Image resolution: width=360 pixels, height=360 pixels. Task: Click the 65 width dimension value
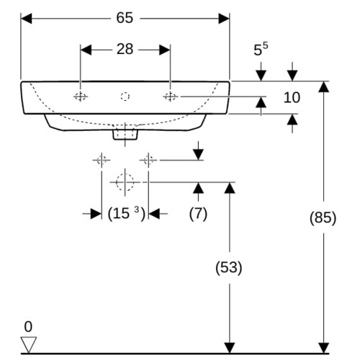point(125,18)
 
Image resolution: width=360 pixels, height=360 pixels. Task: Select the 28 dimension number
point(125,49)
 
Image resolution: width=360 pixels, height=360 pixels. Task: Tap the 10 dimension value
point(292,97)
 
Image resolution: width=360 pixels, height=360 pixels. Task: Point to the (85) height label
point(323,218)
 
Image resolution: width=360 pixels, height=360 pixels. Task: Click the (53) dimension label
point(229,268)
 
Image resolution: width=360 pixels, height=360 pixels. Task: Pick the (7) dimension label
point(198,213)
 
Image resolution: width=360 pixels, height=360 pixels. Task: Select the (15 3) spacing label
point(127,213)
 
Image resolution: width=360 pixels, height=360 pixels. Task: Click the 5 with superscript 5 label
point(261,49)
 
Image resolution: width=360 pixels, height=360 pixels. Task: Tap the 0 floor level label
point(28,327)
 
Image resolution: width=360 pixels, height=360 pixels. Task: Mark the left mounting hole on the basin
point(81,96)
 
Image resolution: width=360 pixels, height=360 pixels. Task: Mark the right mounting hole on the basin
point(170,96)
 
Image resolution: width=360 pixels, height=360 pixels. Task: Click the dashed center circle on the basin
point(125,96)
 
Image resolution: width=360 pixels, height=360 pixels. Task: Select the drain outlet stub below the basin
point(125,135)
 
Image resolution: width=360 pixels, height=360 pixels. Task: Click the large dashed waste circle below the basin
point(125,182)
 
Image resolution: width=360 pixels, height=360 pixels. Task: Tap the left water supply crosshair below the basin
point(102,160)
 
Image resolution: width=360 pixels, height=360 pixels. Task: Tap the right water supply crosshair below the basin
point(148,160)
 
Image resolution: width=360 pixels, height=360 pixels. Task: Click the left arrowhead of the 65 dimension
point(27,19)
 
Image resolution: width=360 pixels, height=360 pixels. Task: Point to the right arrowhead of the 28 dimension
point(165,50)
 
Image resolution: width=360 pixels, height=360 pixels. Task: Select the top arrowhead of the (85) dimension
point(324,87)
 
